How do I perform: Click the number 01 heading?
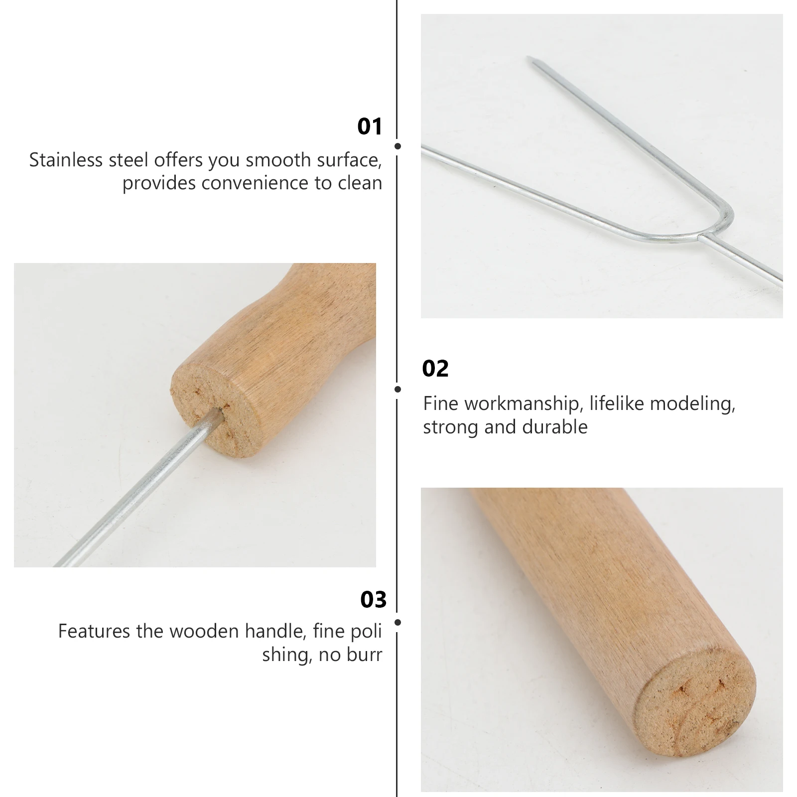(370, 127)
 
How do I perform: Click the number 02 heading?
(435, 369)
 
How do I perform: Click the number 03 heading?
(373, 600)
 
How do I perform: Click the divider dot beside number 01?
(397, 146)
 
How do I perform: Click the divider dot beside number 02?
(397, 389)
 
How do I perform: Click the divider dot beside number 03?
(397, 622)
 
